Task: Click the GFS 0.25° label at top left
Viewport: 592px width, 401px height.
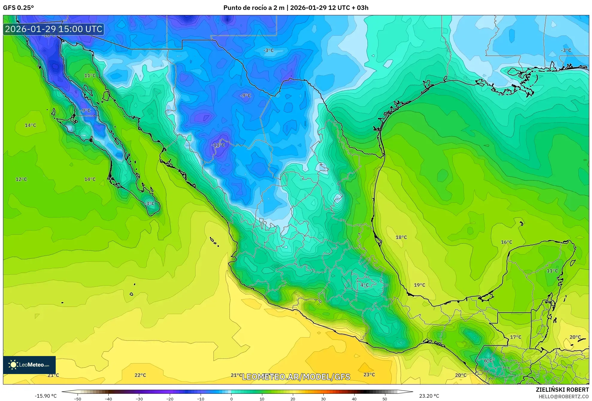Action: pos(18,8)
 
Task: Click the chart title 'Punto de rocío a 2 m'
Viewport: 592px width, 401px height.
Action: pos(254,8)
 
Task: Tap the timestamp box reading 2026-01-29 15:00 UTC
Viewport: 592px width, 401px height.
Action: pos(54,29)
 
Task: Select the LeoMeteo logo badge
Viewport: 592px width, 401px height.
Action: pos(29,365)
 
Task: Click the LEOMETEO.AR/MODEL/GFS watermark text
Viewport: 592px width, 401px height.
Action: pos(296,377)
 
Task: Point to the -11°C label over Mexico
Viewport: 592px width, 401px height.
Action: pos(218,145)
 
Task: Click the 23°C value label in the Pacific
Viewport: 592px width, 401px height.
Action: pos(369,375)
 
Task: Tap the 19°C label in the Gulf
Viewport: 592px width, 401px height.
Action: pos(419,285)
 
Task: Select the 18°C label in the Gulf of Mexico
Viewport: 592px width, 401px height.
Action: pos(401,237)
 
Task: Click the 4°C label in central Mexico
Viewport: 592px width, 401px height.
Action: pos(364,285)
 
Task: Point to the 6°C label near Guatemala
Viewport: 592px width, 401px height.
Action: pos(488,361)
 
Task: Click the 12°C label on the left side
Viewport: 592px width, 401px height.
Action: pos(21,179)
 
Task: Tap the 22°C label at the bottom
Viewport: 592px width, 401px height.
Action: pos(140,375)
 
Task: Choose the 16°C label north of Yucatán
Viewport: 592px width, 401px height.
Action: pos(506,242)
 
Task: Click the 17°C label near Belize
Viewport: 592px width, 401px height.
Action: pos(515,337)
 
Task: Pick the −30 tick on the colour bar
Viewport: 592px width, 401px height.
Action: pos(139,399)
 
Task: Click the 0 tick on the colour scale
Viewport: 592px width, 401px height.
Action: pos(231,399)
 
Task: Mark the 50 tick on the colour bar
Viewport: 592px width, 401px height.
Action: pos(384,399)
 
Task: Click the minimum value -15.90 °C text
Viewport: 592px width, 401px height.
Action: pos(46,396)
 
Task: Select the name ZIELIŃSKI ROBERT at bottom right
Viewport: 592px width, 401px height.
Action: pos(562,390)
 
